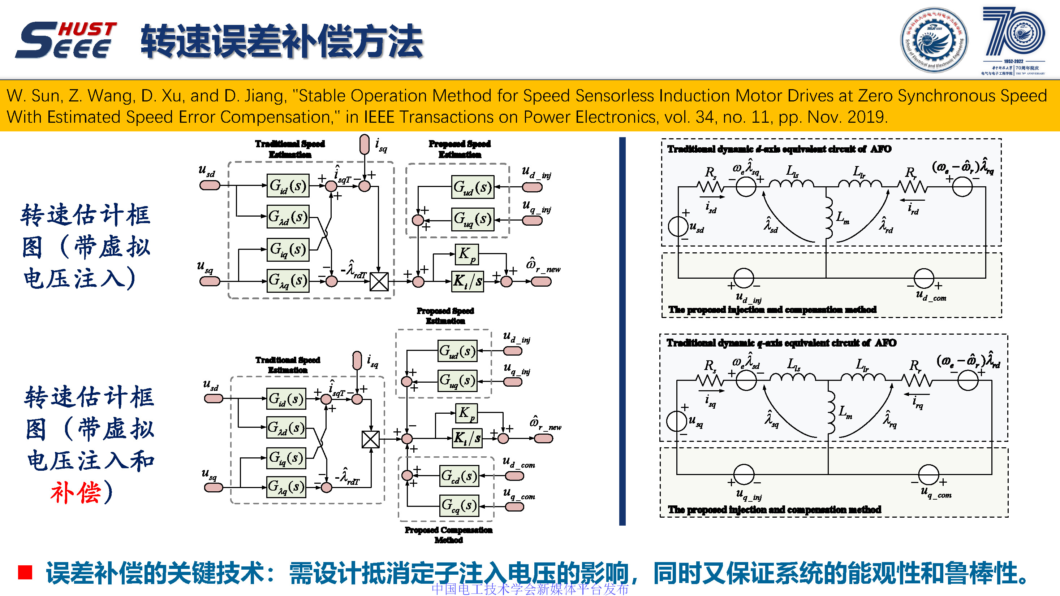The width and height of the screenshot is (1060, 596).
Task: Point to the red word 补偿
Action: pos(76,492)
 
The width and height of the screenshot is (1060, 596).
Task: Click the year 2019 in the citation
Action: pos(865,117)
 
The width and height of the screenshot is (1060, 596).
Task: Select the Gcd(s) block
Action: pos(459,476)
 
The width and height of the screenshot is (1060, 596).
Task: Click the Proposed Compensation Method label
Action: pos(448,535)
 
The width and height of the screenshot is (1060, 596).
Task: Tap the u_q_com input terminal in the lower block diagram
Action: pos(514,506)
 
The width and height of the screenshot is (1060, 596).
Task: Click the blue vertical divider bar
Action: pos(622,331)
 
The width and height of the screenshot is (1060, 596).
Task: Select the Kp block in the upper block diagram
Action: pos(467,254)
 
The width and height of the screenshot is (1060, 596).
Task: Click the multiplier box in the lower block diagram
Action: pos(370,439)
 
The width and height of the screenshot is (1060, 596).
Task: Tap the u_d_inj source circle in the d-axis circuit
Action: pos(744,278)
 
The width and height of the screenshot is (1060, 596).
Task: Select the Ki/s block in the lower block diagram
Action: pos(467,438)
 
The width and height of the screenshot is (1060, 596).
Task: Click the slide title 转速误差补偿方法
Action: pos(282,41)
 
